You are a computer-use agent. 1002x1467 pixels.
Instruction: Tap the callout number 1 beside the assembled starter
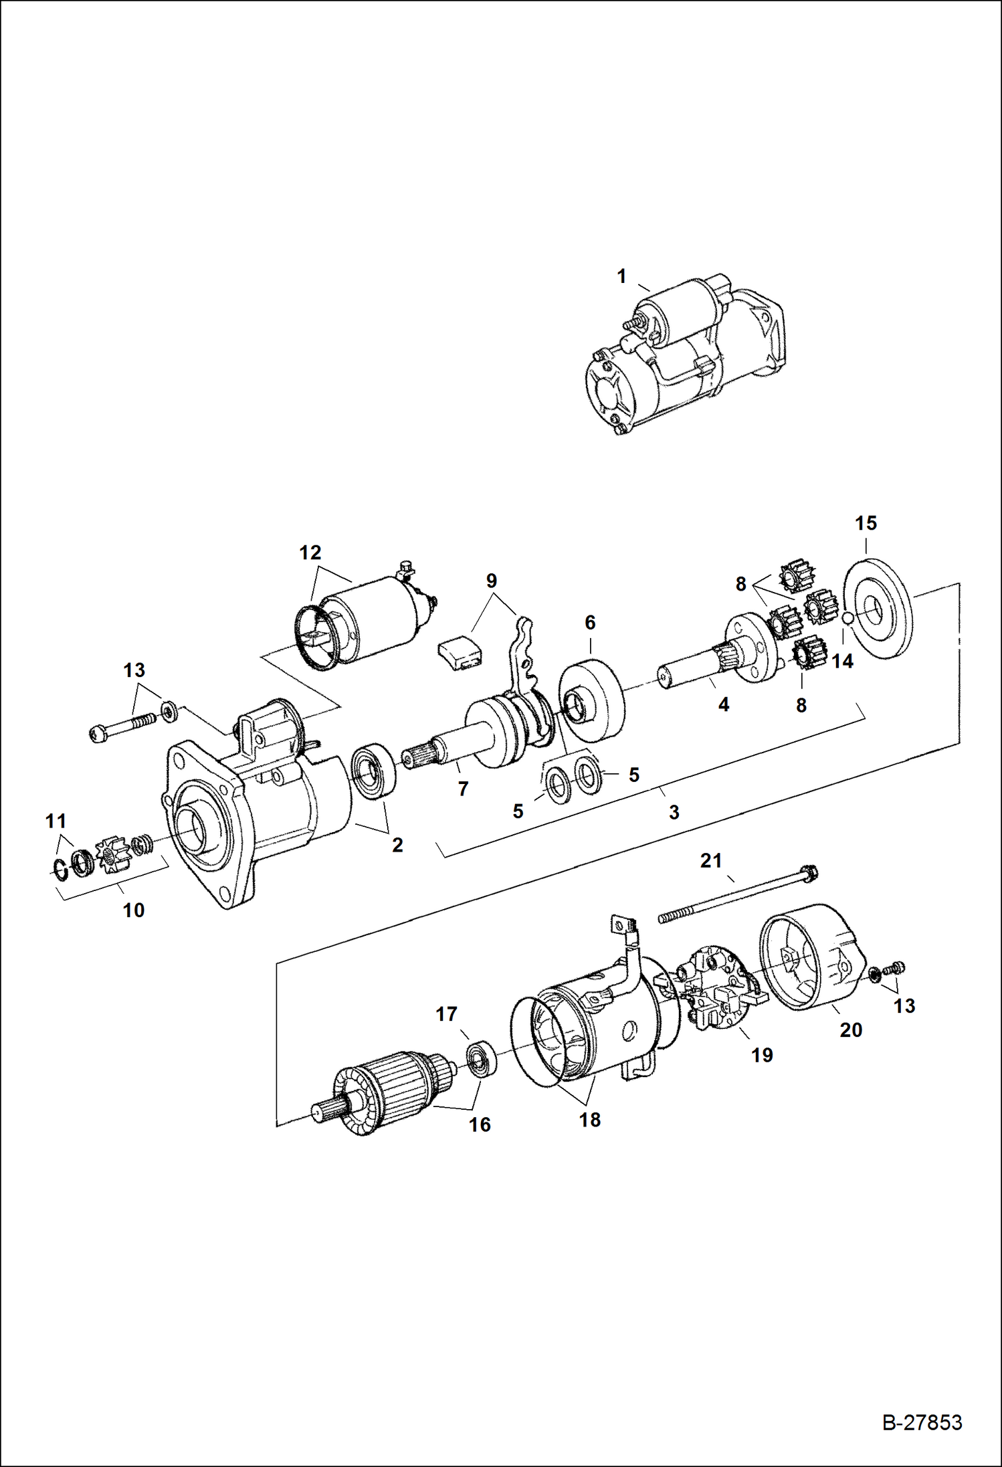[x=621, y=276]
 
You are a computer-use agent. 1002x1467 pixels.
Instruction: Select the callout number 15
[x=866, y=523]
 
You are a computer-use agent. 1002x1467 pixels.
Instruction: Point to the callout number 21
[x=711, y=861]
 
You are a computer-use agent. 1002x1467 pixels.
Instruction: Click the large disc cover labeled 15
[x=878, y=609]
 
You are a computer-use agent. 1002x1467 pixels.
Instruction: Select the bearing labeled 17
[x=480, y=1058]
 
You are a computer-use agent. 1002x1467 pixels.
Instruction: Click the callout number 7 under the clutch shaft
[x=463, y=789]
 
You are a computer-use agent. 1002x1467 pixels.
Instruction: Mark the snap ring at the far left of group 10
[x=60, y=868]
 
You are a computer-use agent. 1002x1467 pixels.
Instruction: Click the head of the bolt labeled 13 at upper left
[x=97, y=734]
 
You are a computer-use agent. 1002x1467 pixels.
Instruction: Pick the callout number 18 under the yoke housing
[x=589, y=1120]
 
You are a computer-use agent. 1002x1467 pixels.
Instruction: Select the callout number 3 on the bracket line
[x=674, y=812]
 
